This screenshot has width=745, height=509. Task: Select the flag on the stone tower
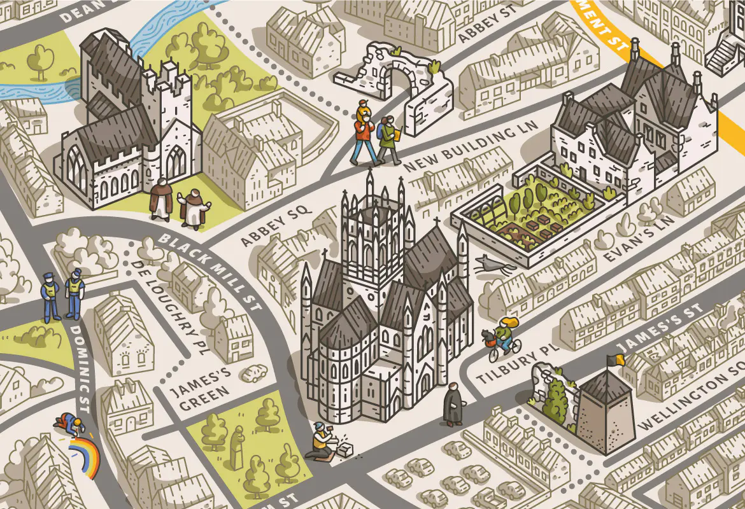614,360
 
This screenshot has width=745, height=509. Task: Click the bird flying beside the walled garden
490,265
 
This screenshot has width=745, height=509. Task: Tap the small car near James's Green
255,373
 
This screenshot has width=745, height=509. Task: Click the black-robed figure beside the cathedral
453,405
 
